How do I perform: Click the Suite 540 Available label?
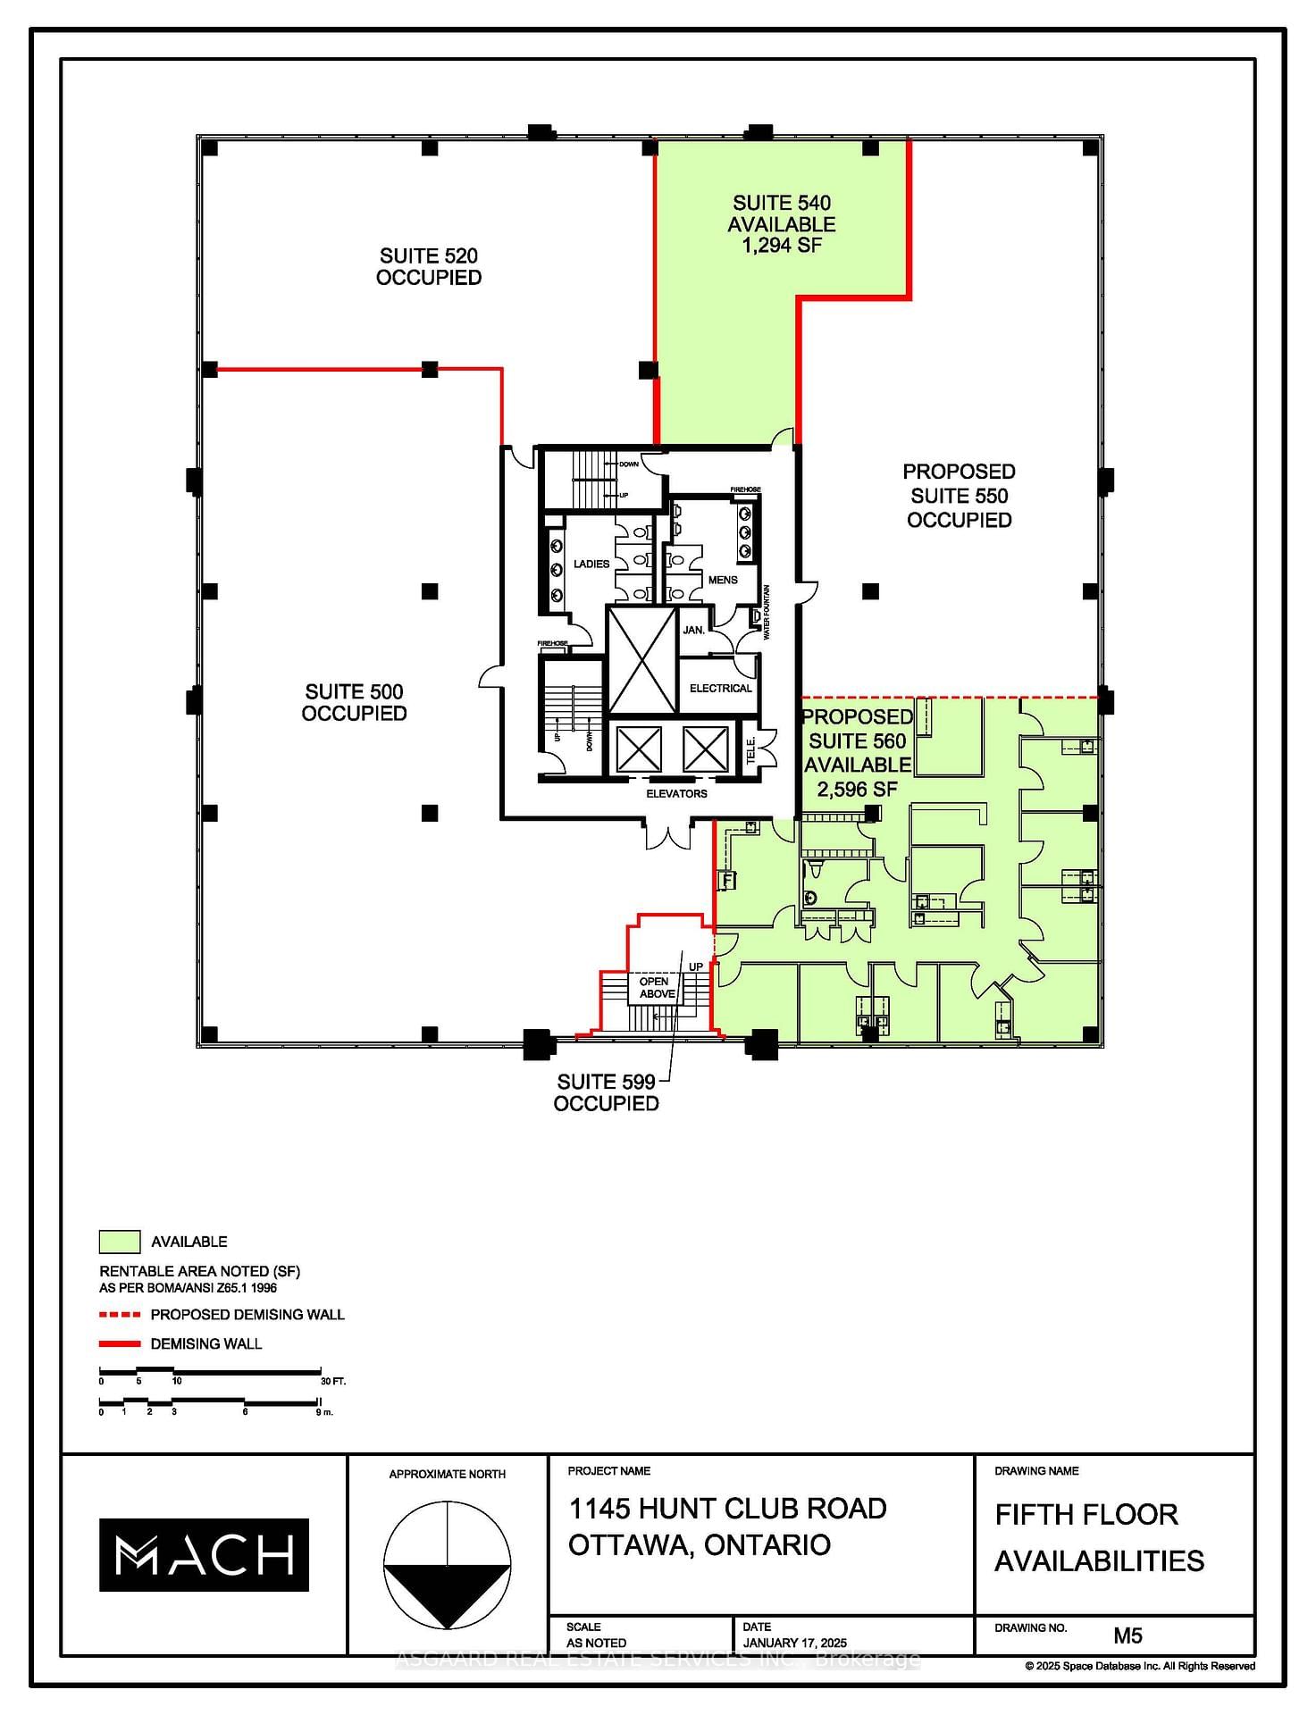pos(781,224)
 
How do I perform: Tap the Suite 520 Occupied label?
pos(429,266)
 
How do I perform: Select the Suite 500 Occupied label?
pos(354,702)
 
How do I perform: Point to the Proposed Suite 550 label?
pos(959,495)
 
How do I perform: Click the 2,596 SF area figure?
pos(856,790)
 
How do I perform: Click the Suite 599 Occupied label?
pos(606,1092)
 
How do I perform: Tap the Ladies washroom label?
pos(591,564)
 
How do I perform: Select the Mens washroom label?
pos(722,580)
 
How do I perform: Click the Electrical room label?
pos(720,688)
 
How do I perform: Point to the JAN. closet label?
pos(693,630)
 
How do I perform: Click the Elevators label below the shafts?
pos(676,793)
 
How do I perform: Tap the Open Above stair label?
pos(656,987)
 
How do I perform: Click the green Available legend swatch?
pos(119,1242)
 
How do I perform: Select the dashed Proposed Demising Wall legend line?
pos(120,1315)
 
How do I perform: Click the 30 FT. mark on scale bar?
pos(332,1381)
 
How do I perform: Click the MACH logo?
pos(204,1555)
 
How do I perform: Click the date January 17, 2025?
pos(794,1643)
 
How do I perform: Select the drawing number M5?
pos(1127,1636)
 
